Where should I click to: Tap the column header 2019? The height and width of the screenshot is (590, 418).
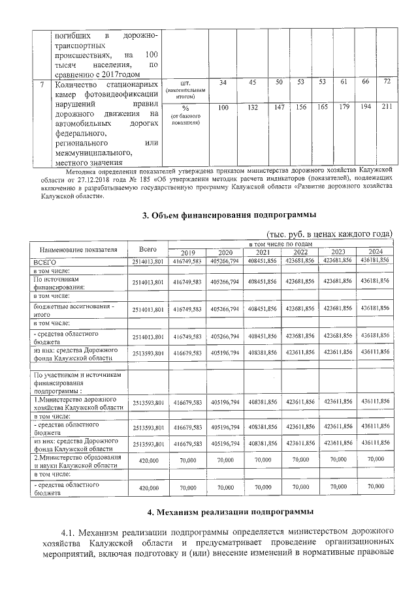(188, 252)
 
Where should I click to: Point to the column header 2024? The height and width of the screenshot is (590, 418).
(376, 252)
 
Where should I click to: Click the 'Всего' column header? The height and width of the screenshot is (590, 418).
(148, 248)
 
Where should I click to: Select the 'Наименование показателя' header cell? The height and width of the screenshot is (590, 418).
(79, 248)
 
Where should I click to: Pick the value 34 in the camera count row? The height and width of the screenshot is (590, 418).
(223, 82)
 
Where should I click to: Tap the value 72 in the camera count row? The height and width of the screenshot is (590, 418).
(387, 81)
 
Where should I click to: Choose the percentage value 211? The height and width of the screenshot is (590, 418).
(387, 106)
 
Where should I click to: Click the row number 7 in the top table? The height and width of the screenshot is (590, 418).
(42, 84)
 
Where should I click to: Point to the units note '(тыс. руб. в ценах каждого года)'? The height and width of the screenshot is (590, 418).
(328, 233)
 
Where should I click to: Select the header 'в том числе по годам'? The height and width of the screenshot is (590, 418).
(281, 243)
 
